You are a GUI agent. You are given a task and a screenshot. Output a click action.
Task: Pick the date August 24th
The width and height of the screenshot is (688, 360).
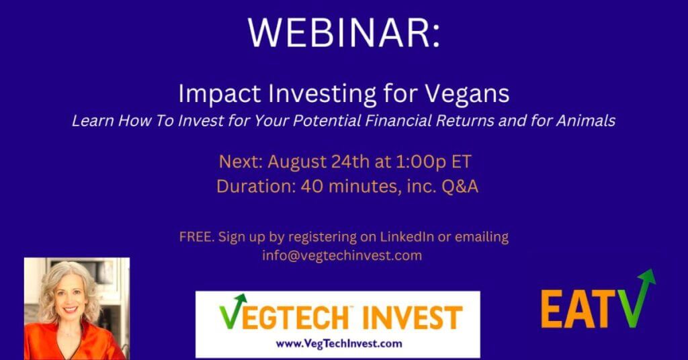(x=316, y=162)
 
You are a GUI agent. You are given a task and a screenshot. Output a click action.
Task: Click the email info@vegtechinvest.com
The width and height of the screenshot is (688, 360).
(x=342, y=255)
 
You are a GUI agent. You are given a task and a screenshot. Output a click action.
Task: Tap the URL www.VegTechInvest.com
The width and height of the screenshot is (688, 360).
(x=339, y=344)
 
